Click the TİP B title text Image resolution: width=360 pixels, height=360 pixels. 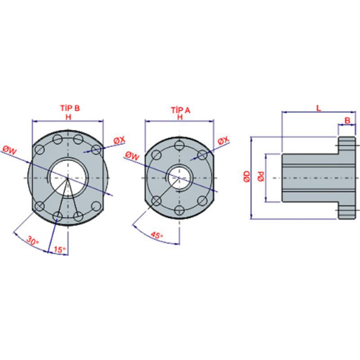point(70,108)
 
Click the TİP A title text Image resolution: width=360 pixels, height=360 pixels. point(181,110)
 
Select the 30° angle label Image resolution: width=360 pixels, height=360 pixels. point(32,240)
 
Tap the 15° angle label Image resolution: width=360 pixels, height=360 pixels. point(60,250)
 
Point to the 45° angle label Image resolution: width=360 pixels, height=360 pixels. point(157,235)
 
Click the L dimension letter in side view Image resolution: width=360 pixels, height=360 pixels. point(319,108)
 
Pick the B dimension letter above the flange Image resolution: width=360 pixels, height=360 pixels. point(347,120)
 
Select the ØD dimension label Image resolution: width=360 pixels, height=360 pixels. point(247,176)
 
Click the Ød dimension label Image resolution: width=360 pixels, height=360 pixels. point(261,176)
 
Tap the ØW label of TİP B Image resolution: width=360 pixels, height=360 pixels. point(10,150)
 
